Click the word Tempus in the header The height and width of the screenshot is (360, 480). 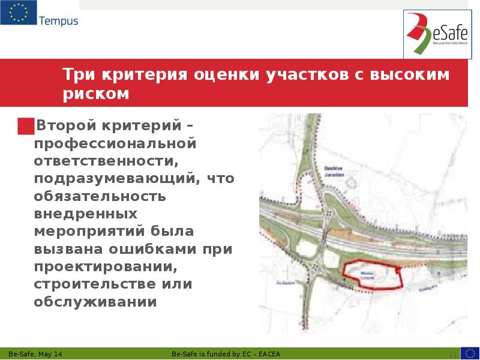click(59, 21)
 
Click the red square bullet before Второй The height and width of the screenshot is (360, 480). click(26, 126)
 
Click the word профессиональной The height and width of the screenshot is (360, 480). click(115, 144)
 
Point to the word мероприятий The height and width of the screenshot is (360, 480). click(92, 231)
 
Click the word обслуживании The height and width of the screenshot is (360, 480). click(95, 301)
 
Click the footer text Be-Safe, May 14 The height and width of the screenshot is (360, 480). click(35, 354)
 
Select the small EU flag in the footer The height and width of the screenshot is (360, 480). click(470, 353)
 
